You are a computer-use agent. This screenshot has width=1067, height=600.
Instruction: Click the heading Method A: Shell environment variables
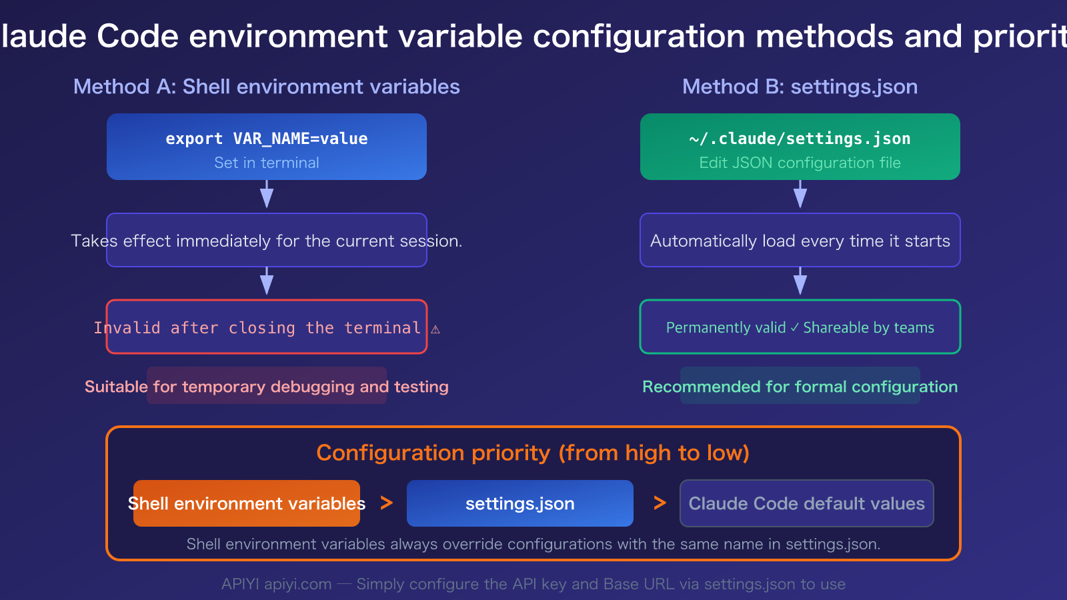[266, 87]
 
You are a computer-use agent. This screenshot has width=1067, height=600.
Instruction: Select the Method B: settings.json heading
[800, 87]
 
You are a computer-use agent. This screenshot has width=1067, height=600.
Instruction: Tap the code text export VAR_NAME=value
[266, 139]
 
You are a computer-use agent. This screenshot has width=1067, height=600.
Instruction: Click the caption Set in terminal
[266, 163]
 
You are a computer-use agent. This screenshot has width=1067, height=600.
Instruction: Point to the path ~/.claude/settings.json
[800, 139]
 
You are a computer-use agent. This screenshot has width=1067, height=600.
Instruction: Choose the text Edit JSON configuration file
[800, 163]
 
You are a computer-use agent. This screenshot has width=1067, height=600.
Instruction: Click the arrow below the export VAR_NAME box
[267, 195]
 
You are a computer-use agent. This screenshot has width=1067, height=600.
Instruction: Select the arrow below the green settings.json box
[800, 195]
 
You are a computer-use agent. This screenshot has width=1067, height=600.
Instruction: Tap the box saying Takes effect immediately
[267, 241]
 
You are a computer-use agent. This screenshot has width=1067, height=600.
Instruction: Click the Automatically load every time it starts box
[800, 241]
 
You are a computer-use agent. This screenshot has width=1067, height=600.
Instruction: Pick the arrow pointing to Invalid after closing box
[267, 282]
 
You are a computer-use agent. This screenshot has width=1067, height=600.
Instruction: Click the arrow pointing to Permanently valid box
[800, 282]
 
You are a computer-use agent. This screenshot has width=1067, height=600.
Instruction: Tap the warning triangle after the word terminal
[435, 329]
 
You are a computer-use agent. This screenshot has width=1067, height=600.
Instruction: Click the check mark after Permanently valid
[794, 327]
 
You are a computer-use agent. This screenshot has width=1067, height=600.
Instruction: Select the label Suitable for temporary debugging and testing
[267, 387]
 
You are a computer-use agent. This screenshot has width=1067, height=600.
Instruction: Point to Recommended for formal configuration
[800, 387]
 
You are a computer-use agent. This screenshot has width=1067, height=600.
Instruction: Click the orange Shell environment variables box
[247, 503]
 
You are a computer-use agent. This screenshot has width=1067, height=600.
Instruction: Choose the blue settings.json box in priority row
[520, 503]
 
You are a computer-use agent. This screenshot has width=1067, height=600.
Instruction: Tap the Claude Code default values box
[806, 503]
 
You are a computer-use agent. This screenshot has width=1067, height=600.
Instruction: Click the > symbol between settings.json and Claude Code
[660, 503]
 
